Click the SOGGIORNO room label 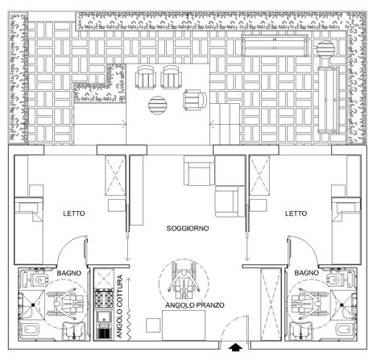click(188, 229)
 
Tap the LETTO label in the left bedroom click(74, 213)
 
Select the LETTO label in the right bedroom click(296, 213)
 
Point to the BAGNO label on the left click(69, 273)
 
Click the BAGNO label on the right click(306, 273)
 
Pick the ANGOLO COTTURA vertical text click(119, 306)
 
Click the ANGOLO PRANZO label click(195, 305)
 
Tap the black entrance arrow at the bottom click(235, 347)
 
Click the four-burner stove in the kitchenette click(104, 300)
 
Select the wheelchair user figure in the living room click(184, 284)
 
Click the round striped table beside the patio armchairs click(158, 106)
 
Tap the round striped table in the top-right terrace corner click(325, 49)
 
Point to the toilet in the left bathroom click(37, 279)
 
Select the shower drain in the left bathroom click(33, 304)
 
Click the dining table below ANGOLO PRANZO click(184, 325)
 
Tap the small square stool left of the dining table click(153, 325)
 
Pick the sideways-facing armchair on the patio click(195, 100)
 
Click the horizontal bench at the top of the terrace click(275, 45)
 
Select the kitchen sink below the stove click(104, 319)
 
